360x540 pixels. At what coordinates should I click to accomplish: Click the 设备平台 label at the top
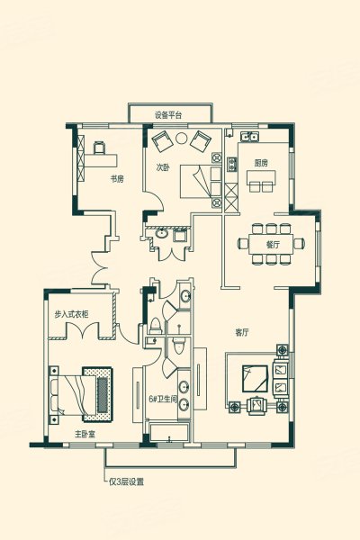(168, 115)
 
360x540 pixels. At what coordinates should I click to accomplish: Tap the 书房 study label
(117, 179)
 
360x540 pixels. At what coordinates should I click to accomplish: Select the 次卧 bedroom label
(163, 167)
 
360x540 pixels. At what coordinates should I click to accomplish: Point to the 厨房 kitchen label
(261, 163)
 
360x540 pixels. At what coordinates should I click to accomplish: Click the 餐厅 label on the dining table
(273, 245)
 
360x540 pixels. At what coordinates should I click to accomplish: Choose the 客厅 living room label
(242, 333)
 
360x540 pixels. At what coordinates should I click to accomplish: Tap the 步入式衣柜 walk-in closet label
(71, 314)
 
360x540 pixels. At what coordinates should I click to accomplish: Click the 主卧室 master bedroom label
(85, 434)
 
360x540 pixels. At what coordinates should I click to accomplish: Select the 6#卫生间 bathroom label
(163, 399)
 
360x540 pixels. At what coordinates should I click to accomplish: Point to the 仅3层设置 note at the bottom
(126, 481)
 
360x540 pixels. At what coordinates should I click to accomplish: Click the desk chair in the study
(99, 148)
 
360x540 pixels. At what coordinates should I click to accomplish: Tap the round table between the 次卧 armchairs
(181, 139)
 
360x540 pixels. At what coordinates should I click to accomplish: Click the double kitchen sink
(250, 137)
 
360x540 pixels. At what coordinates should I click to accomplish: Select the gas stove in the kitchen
(232, 165)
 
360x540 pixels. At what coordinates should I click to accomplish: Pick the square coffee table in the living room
(255, 379)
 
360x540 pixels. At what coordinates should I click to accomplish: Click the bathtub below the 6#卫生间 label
(169, 432)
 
